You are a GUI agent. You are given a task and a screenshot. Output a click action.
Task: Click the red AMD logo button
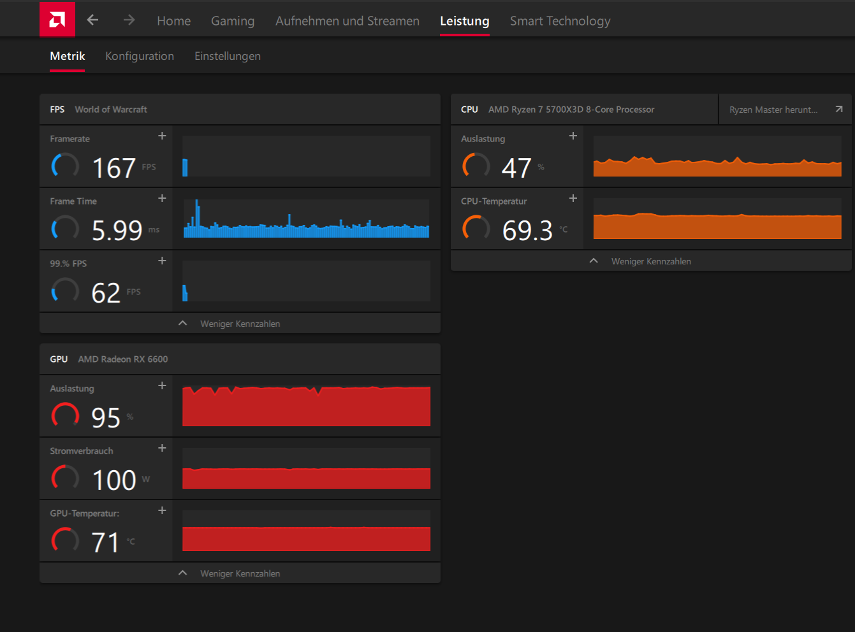click(x=57, y=19)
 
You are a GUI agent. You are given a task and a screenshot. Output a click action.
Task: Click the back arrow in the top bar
click(x=92, y=20)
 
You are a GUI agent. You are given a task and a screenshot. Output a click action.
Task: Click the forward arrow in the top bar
click(x=129, y=20)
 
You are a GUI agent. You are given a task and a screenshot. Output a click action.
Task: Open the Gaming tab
click(x=233, y=21)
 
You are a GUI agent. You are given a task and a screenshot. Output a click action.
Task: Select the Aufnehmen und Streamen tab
click(x=347, y=21)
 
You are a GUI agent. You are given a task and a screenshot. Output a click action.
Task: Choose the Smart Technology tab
click(x=560, y=21)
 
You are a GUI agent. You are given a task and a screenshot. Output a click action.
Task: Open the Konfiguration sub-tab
click(x=140, y=56)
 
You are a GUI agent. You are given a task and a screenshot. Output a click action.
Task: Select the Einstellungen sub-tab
click(x=228, y=56)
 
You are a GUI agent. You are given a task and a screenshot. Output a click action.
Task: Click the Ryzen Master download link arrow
click(x=839, y=110)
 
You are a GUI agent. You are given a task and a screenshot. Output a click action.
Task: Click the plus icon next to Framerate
click(x=163, y=136)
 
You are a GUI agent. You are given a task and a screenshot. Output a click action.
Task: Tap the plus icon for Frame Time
click(x=163, y=198)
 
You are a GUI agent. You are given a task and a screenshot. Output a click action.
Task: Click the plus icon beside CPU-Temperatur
click(x=573, y=198)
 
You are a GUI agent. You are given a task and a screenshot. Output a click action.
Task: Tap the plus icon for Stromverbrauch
click(x=163, y=448)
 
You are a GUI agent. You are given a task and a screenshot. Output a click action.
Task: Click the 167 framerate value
click(x=114, y=168)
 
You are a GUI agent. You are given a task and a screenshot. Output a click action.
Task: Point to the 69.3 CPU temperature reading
click(x=527, y=231)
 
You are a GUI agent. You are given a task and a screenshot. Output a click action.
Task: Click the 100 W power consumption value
click(x=114, y=480)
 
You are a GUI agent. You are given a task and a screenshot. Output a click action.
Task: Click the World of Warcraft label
click(x=111, y=110)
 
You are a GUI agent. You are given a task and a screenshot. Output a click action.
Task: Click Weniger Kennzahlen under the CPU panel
click(x=651, y=261)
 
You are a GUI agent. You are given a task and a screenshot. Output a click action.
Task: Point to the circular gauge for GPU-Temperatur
click(x=65, y=540)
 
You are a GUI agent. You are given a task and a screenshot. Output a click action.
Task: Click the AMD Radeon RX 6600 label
click(x=123, y=359)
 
